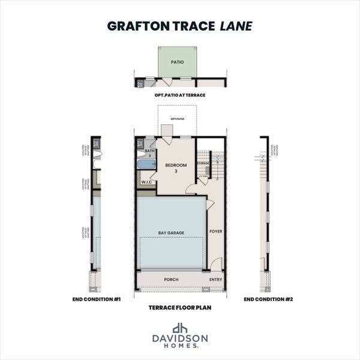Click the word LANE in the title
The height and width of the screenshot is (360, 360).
point(236,26)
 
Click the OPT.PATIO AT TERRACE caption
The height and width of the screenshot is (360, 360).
point(179,95)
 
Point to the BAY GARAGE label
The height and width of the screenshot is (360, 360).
point(171,232)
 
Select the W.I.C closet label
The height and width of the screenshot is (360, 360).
point(146,182)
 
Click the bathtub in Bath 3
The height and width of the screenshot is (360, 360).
point(146,165)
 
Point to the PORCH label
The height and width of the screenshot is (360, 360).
point(171,280)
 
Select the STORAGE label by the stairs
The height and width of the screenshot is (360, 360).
point(203,163)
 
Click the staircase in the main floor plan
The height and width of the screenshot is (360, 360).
point(215,165)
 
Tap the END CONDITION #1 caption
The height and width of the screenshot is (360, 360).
point(92,298)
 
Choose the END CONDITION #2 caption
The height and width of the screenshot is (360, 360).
point(268,298)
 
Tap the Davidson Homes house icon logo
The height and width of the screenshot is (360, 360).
point(180,328)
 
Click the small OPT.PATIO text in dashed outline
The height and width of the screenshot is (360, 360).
point(177,119)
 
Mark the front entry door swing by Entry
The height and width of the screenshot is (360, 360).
point(217,264)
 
